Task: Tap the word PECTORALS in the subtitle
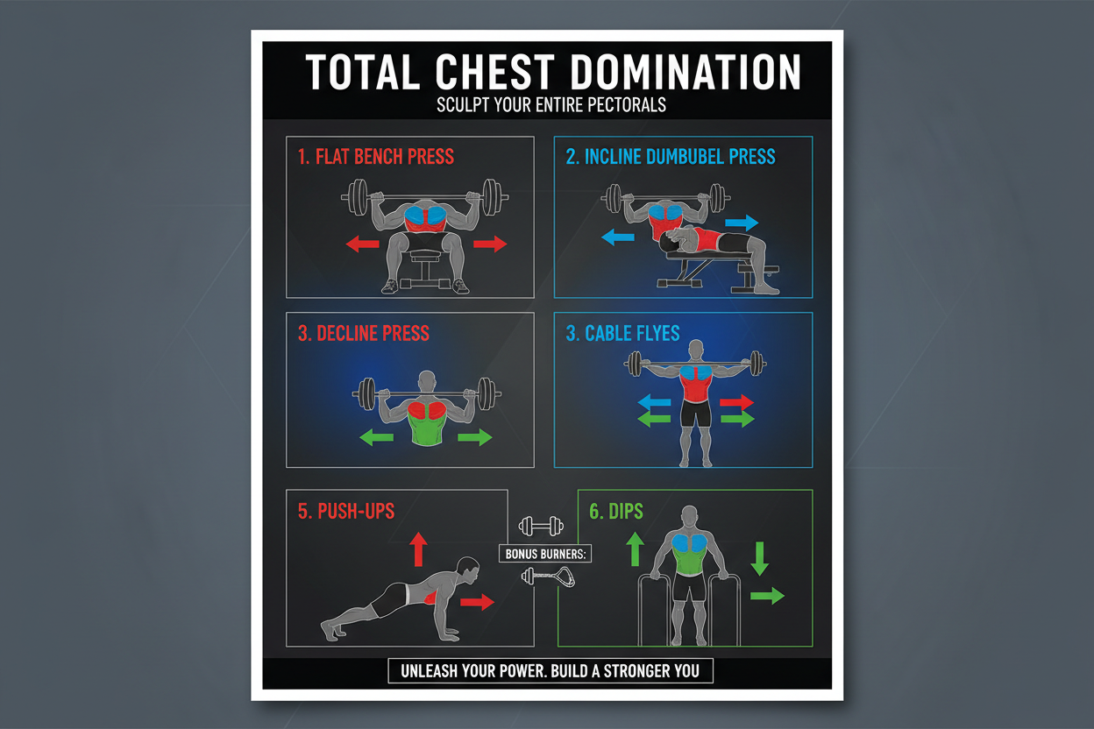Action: coord(618,105)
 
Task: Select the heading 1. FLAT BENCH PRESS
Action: coord(375,158)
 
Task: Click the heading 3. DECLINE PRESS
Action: coord(363,334)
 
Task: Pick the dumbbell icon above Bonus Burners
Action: coord(541,526)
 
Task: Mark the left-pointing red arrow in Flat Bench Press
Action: coord(362,244)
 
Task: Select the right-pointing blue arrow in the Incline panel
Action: coord(742,222)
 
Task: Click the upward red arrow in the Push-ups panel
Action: coord(418,549)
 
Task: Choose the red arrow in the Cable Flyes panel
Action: coord(736,402)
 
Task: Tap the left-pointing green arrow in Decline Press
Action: coord(377,436)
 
